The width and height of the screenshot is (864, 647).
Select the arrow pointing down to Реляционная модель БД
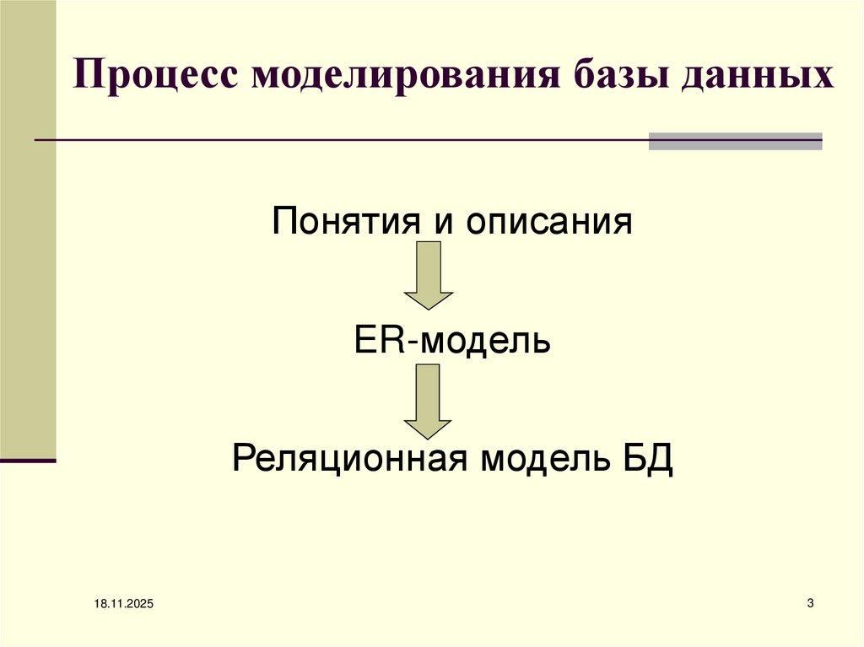click(429, 399)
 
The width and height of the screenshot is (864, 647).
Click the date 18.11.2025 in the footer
click(118, 604)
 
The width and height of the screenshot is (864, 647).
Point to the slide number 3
click(810, 602)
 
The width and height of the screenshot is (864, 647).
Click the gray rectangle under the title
click(735, 141)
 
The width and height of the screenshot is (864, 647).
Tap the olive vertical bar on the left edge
click(28, 228)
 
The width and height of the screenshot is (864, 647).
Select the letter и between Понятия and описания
click(438, 224)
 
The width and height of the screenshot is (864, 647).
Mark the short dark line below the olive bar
click(28, 461)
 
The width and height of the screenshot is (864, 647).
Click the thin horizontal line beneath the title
click(337, 140)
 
